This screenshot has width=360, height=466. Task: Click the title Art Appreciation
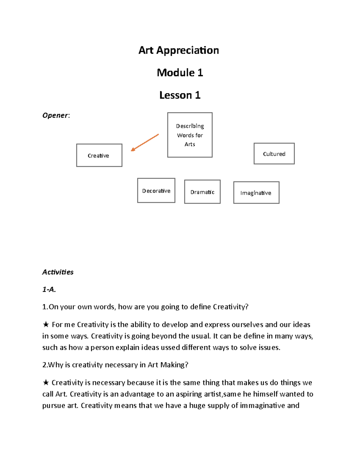click(x=178, y=50)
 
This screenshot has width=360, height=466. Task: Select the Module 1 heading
click(x=180, y=73)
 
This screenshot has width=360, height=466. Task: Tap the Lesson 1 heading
click(x=180, y=95)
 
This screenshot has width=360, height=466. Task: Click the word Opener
click(x=55, y=116)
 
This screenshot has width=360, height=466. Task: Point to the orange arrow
click(x=145, y=143)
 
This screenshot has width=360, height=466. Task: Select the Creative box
click(x=99, y=155)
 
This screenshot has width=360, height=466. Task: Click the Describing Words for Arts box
click(x=190, y=135)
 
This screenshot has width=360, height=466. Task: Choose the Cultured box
click(x=274, y=154)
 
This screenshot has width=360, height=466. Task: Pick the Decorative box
click(x=156, y=191)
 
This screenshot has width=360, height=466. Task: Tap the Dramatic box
click(x=202, y=192)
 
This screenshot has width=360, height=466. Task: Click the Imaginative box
click(x=256, y=193)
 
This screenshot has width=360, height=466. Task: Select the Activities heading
click(x=58, y=272)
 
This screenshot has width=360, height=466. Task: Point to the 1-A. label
click(x=49, y=290)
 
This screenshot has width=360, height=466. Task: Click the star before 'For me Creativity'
click(x=46, y=324)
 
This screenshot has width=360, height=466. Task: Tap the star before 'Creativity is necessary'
click(x=46, y=382)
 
